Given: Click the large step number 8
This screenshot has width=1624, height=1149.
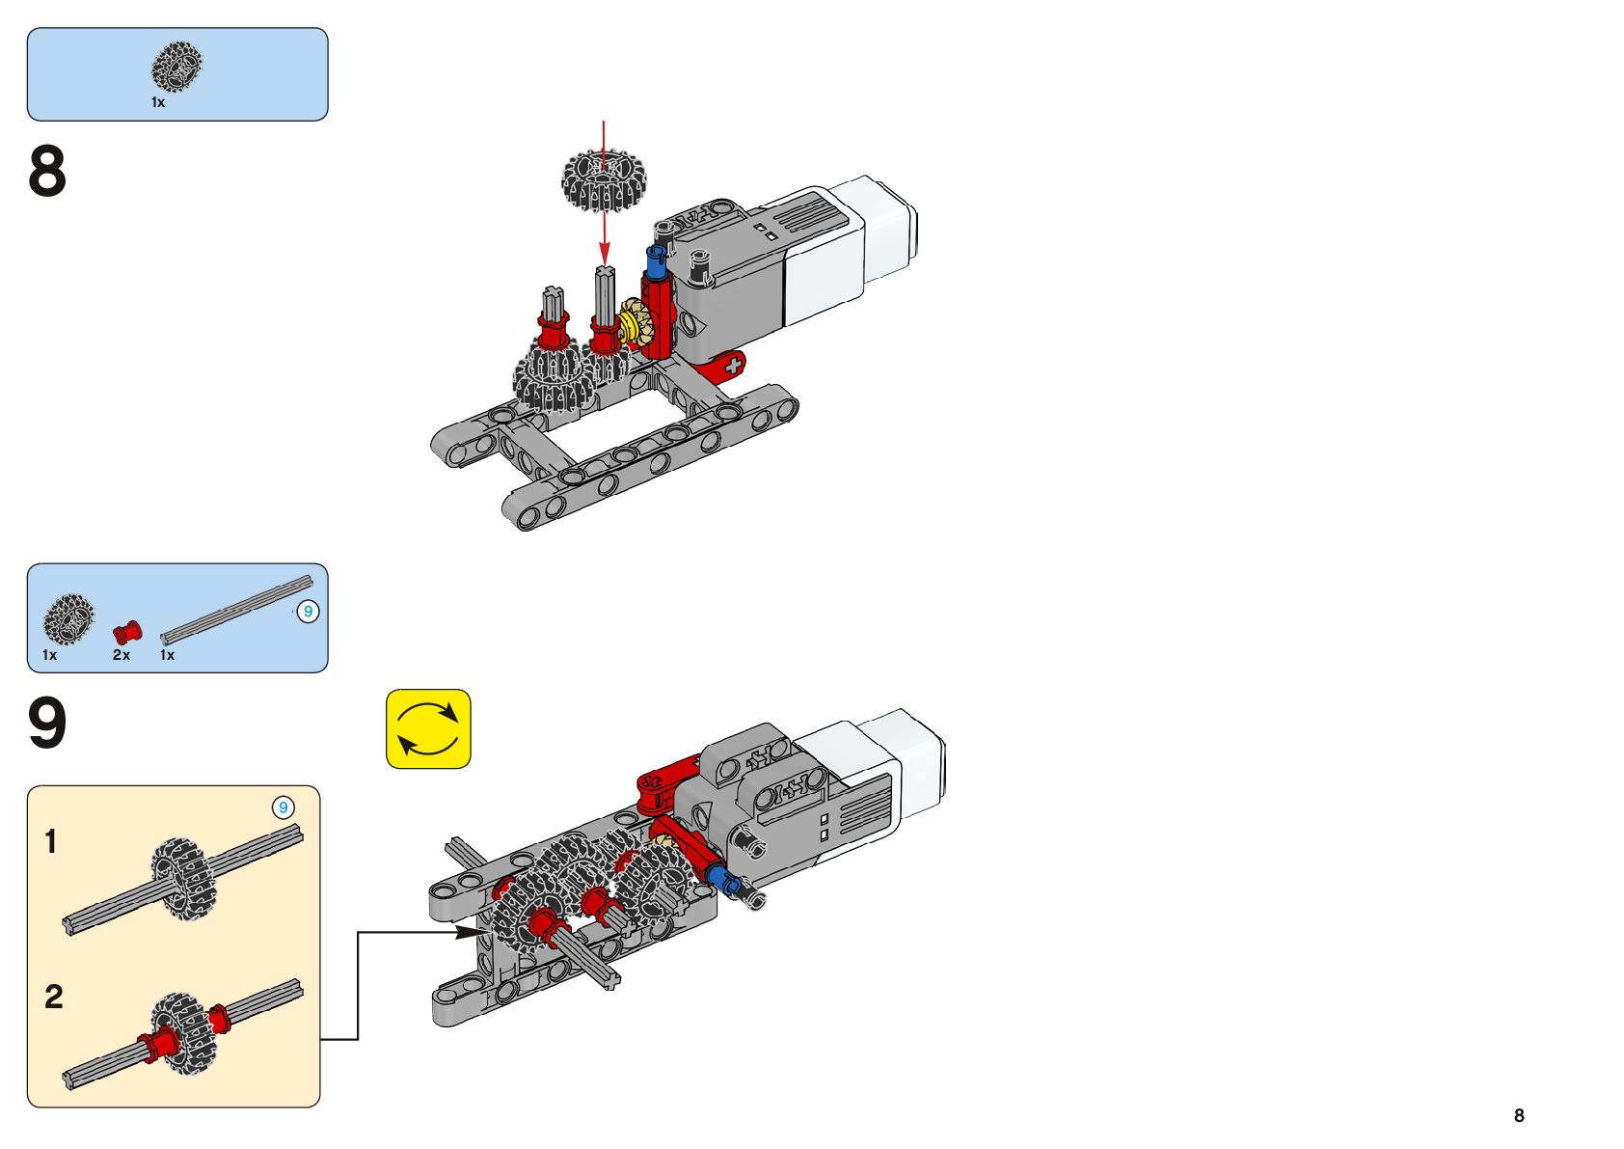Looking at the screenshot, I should coord(47,172).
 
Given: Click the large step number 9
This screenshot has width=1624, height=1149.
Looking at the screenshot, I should coord(47,724).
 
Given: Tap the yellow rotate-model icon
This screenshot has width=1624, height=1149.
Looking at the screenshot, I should coord(428,728).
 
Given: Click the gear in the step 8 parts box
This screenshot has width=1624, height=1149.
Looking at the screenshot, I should coord(177,67).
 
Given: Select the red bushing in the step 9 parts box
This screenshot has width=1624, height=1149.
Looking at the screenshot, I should coord(126,633).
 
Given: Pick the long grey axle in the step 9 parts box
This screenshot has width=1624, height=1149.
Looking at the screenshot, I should coord(236,610).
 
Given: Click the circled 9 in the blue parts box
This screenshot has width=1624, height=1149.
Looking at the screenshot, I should coord(308,612).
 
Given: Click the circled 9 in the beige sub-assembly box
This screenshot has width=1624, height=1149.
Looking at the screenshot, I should coord(283,807).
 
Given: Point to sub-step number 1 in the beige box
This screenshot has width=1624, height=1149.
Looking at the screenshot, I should coord(51,841).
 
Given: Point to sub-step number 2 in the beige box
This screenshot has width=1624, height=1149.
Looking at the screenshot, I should coord(54,997).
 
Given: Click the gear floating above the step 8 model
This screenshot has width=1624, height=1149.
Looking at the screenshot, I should coord(604,180).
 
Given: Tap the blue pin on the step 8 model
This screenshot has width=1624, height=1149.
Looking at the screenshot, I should coord(657,260).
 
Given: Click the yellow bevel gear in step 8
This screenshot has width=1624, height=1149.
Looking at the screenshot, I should coord(636,322).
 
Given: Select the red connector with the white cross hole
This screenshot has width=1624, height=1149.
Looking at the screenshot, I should coord(726,367).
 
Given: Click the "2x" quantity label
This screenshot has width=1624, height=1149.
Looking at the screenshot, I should coord(121,655).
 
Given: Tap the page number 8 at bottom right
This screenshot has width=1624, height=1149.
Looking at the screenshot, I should coord(1519,1115).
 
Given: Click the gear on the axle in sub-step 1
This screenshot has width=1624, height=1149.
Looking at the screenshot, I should coord(183,878).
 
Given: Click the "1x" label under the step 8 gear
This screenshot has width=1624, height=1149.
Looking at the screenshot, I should coord(158,102).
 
